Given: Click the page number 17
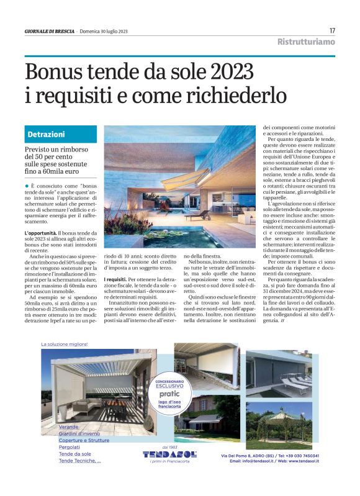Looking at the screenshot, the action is pyautogui.click(x=332, y=30).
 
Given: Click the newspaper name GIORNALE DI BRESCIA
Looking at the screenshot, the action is pyautogui.click(x=50, y=31).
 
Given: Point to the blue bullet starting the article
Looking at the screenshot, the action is pyautogui.click(x=27, y=186).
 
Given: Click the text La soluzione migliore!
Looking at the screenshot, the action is pyautogui.click(x=65, y=344).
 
